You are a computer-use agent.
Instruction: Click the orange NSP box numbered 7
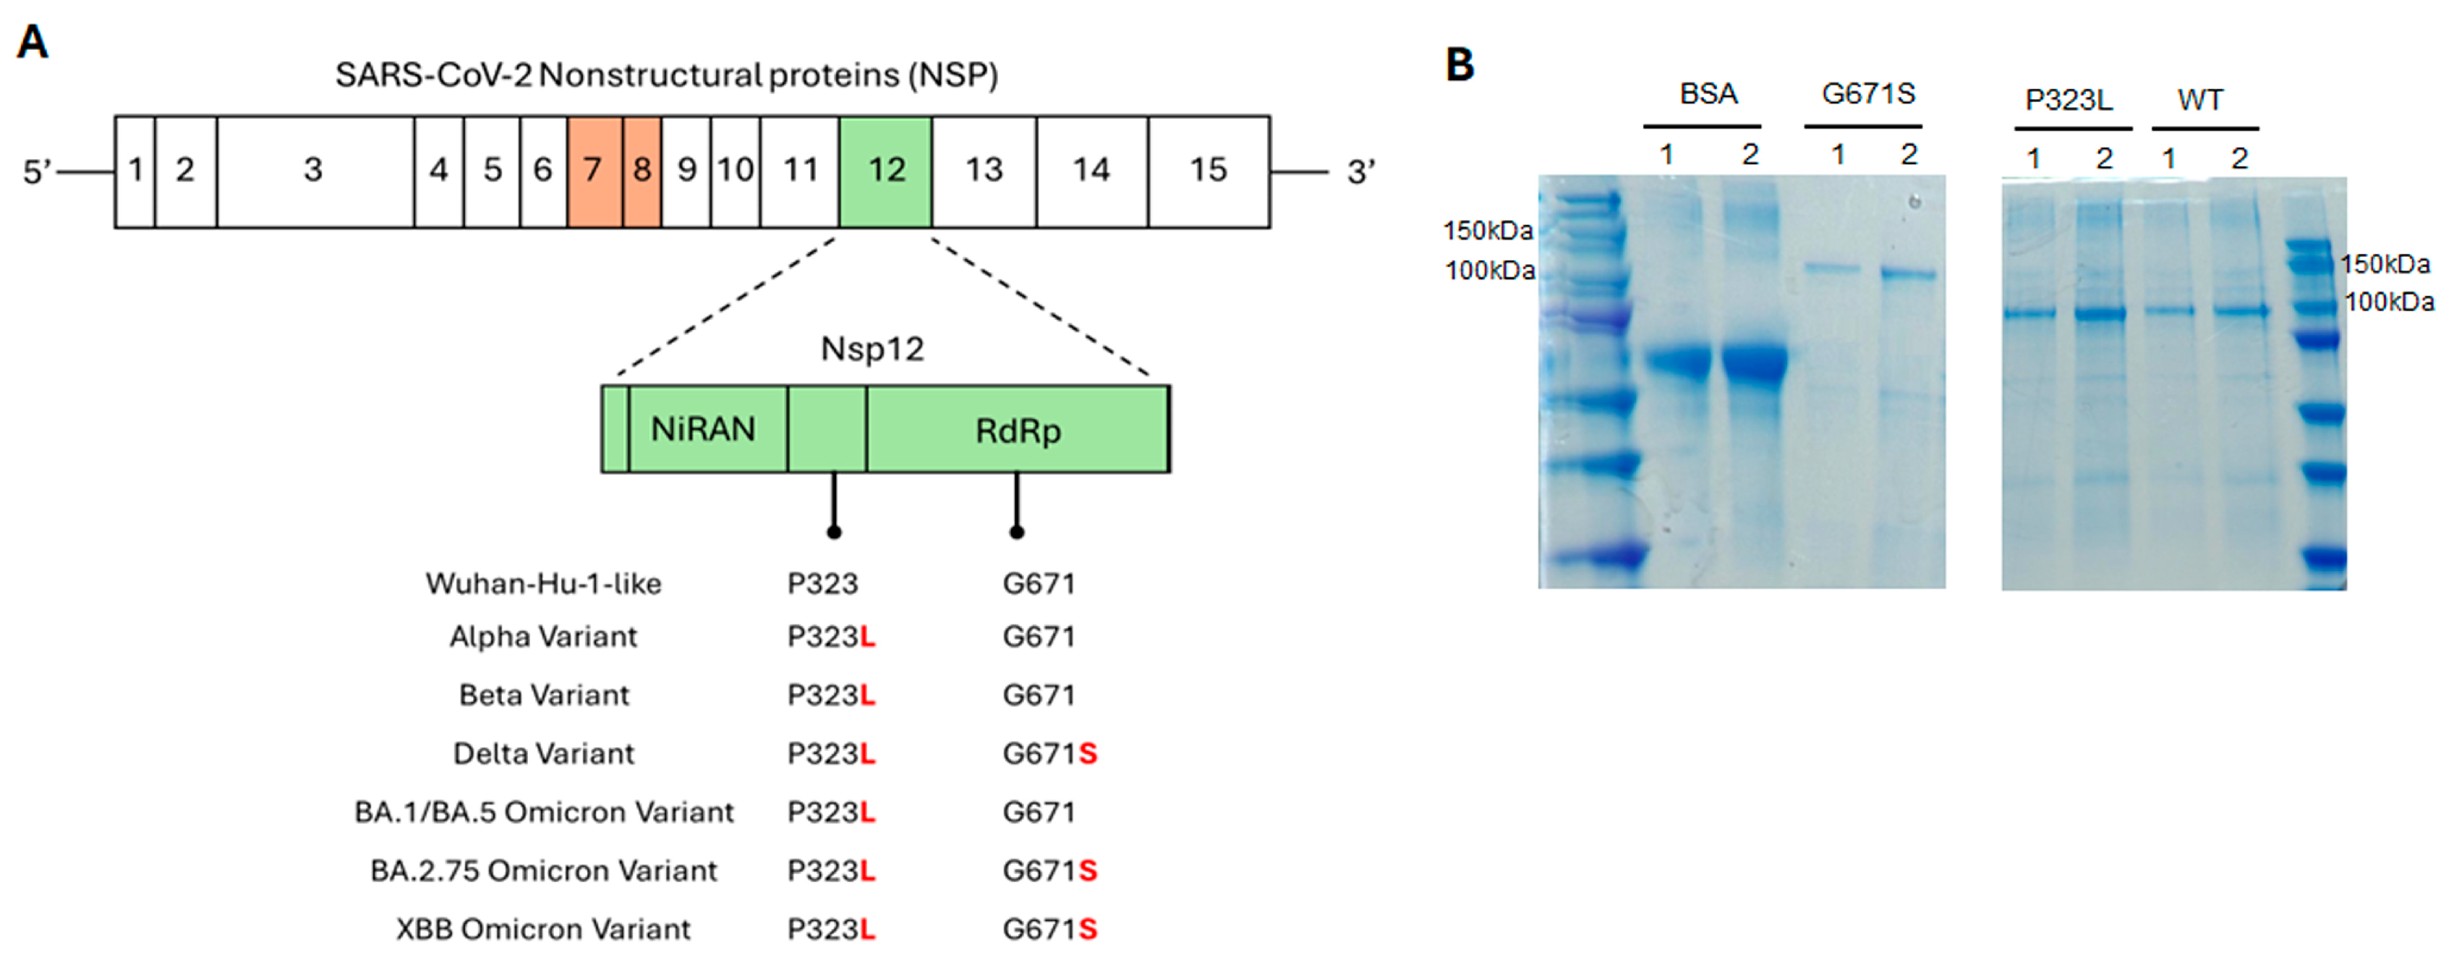point(595,171)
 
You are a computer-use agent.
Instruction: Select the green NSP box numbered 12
point(885,171)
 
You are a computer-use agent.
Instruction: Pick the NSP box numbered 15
point(1208,171)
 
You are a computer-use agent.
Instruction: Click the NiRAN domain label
point(703,430)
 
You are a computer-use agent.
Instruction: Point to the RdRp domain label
point(1018,431)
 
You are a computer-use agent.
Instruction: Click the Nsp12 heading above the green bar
point(872,349)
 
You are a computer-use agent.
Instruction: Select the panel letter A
point(33,43)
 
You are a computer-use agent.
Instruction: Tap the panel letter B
point(1460,65)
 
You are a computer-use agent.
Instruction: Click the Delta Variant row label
point(543,753)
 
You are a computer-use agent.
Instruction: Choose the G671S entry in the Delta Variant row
point(1049,753)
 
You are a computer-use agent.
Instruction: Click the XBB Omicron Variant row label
point(543,929)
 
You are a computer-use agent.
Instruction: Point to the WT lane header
point(2199,99)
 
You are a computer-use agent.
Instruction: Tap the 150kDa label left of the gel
point(1487,231)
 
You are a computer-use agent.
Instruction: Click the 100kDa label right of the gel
point(2388,302)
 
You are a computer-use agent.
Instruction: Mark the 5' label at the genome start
point(37,171)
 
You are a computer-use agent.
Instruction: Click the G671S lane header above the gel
point(1867,93)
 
